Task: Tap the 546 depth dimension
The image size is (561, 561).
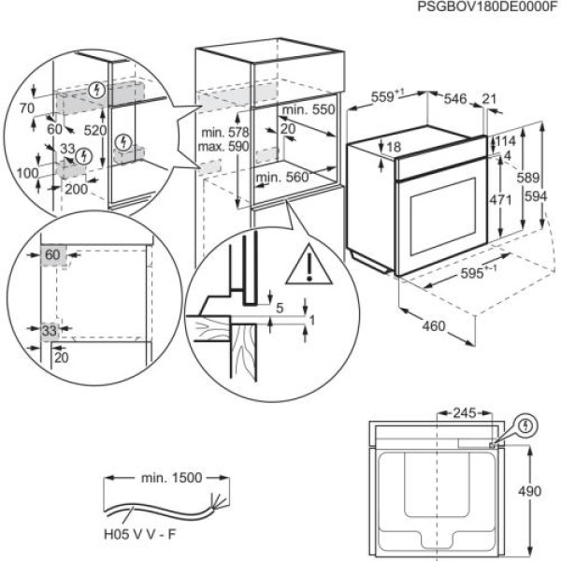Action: [455, 96]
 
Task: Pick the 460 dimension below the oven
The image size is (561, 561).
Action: [433, 326]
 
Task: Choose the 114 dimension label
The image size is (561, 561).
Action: [507, 140]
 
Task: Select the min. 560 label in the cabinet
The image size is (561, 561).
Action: [281, 177]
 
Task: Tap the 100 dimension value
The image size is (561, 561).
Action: [27, 174]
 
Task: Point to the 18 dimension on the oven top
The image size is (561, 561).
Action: [393, 147]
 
